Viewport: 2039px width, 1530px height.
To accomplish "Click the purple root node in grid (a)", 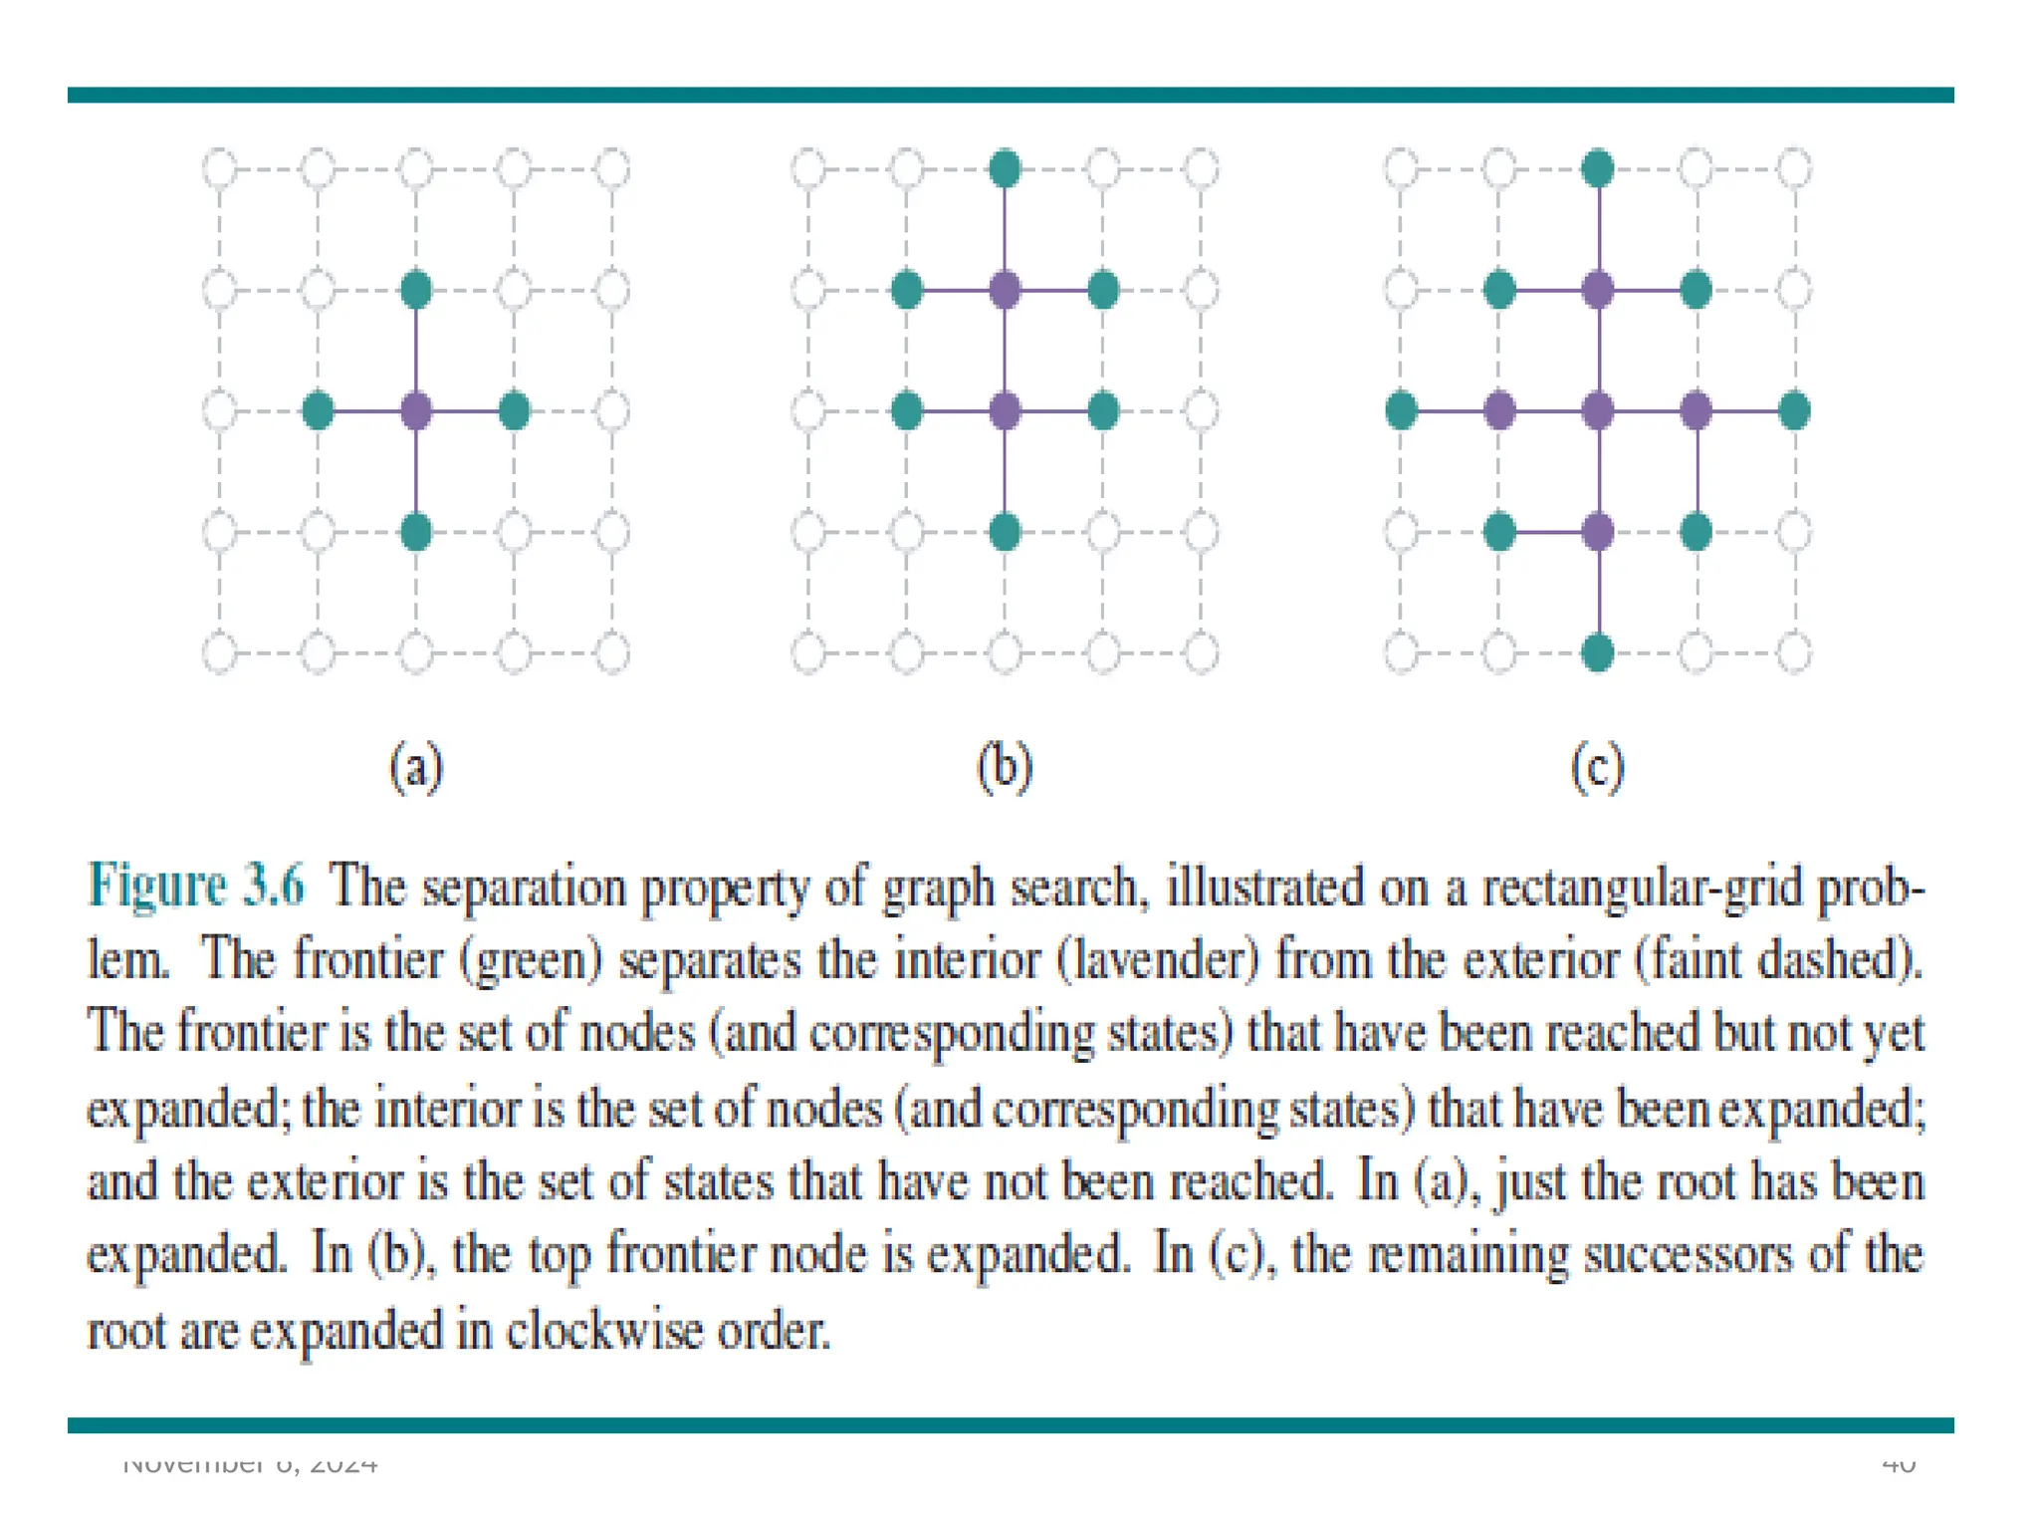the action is click(416, 410).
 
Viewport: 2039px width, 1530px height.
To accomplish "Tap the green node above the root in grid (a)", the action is click(416, 290).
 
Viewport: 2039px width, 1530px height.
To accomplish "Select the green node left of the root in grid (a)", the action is click(318, 410).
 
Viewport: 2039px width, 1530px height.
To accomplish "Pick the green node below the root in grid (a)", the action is click(416, 532).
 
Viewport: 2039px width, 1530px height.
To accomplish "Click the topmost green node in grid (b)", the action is click(1006, 168).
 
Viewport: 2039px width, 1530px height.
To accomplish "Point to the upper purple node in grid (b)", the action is click(1006, 290).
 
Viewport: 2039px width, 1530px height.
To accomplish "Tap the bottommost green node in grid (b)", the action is click(1006, 532).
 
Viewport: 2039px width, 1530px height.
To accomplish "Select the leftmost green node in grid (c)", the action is click(1401, 410).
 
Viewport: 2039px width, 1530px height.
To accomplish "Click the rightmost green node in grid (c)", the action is click(1794, 410).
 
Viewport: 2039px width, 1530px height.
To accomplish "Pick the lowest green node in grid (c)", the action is click(1598, 653).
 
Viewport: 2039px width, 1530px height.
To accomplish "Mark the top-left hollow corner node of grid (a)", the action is click(220, 168).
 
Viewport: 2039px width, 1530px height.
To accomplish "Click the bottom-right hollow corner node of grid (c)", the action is click(1794, 653).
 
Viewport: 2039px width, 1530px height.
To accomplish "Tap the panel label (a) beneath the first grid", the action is click(416, 768).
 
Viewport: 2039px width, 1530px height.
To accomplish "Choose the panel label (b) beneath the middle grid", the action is click(1006, 768).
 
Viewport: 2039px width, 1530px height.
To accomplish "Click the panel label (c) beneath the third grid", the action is click(1598, 768).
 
